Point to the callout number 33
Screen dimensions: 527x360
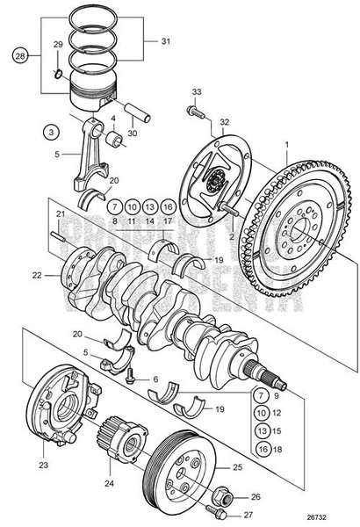click(196, 92)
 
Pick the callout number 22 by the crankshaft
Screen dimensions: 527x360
click(36, 275)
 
